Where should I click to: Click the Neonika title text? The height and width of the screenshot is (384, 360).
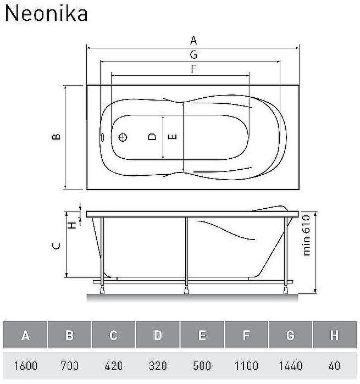[x=46, y=14]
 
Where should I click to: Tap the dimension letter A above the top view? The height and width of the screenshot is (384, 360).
[x=193, y=40]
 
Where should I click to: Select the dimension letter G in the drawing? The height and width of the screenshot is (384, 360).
[x=193, y=54]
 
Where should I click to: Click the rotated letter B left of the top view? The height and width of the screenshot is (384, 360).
[x=56, y=137]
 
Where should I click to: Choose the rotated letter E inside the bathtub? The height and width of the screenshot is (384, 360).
[x=172, y=137]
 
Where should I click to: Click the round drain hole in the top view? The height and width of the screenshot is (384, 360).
[x=124, y=137]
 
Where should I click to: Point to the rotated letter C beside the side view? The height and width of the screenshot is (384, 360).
[x=56, y=246]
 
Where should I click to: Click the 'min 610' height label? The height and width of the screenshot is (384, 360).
[x=307, y=235]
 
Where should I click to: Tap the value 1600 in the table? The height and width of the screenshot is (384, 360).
[x=25, y=365]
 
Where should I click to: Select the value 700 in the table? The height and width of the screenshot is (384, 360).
[x=69, y=365]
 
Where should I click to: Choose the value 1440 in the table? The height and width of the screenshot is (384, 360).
[x=290, y=365]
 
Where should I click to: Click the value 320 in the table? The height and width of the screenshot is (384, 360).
[x=158, y=365]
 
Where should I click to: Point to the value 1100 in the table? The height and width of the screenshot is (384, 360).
[x=246, y=365]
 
